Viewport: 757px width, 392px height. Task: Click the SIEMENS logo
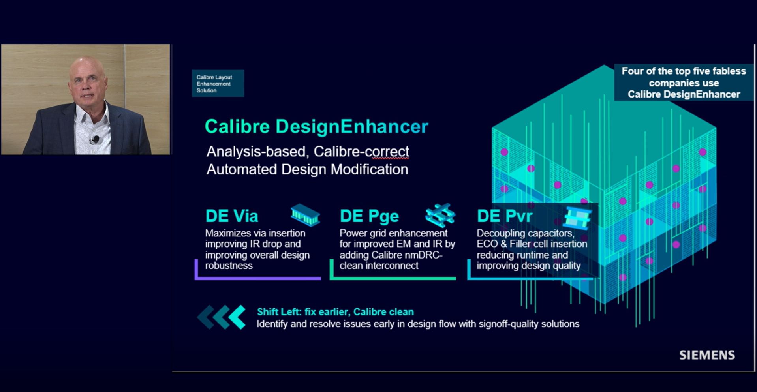click(x=707, y=355)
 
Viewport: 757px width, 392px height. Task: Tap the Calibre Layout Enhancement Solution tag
click(x=218, y=83)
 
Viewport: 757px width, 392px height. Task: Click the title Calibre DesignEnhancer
click(x=316, y=127)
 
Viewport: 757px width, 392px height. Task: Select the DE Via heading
click(x=232, y=216)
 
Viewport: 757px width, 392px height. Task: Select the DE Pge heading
click(x=369, y=216)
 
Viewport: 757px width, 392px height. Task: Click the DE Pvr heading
click(x=504, y=216)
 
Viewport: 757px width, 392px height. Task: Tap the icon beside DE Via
click(x=305, y=215)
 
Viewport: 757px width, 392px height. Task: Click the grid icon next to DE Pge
click(x=440, y=215)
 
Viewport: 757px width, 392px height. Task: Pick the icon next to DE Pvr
click(x=578, y=217)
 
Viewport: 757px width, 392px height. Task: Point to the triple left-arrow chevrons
click(x=222, y=317)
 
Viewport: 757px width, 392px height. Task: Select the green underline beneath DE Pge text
click(x=393, y=278)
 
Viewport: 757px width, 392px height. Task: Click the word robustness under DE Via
click(x=229, y=266)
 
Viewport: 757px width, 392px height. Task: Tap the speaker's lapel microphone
click(x=95, y=139)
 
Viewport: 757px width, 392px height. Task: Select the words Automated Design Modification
click(x=307, y=169)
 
